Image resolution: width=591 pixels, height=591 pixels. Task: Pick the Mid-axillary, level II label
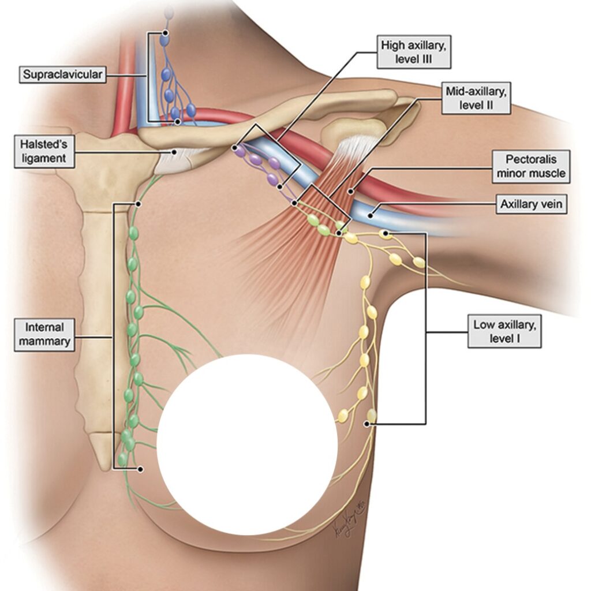(x=477, y=98)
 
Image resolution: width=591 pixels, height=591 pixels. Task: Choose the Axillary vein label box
(x=532, y=204)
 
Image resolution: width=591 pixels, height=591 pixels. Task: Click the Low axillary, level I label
(x=504, y=332)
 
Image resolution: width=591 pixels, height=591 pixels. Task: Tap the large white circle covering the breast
(x=247, y=444)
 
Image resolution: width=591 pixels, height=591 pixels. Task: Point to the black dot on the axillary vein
(x=373, y=212)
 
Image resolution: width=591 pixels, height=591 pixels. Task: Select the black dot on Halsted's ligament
(x=174, y=152)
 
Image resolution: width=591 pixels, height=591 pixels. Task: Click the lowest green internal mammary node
(x=122, y=459)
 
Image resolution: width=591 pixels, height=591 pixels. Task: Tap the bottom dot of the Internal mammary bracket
(x=140, y=469)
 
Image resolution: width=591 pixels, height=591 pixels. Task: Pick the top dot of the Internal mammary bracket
(x=139, y=204)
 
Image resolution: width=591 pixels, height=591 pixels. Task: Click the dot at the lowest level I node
(x=366, y=424)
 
